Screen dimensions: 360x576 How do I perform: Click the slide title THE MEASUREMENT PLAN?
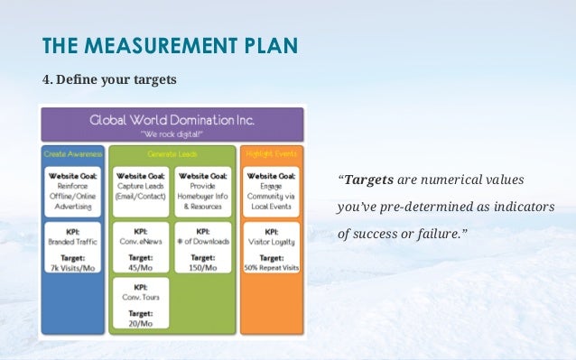point(171,46)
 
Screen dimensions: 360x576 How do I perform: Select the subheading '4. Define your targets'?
point(110,80)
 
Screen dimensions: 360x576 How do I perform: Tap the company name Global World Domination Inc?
point(171,119)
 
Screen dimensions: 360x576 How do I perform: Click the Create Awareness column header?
point(72,154)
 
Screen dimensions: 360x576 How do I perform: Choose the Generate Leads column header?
point(172,154)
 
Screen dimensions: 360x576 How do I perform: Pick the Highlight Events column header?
point(271,154)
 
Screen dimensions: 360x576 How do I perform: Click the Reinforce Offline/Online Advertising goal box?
point(73,191)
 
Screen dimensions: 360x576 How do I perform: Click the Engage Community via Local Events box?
point(271,191)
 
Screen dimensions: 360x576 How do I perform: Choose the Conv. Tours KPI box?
point(140,298)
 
